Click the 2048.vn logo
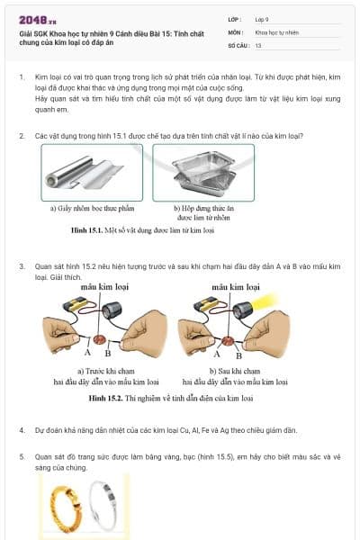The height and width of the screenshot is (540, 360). coord(34,18)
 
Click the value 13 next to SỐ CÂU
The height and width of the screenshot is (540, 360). coord(258,44)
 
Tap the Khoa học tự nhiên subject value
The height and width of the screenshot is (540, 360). coord(275,31)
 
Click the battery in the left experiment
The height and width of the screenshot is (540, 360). coord(72,307)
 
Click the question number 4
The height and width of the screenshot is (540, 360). coord(22,430)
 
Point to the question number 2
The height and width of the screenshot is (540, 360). coord(22,136)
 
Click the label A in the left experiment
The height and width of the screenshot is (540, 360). coord(86,353)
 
